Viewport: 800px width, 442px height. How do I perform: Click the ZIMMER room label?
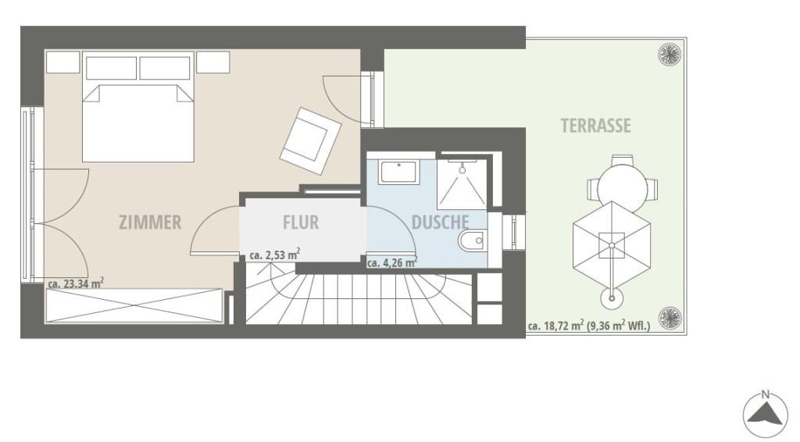(150, 223)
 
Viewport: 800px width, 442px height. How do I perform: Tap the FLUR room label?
(301, 223)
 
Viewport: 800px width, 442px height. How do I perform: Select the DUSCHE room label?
(440, 223)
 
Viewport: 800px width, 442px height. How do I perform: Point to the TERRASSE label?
(595, 126)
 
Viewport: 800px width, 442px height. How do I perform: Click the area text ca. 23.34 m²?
(76, 283)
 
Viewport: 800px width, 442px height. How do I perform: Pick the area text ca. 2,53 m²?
(274, 255)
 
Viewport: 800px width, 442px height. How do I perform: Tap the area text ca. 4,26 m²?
(392, 262)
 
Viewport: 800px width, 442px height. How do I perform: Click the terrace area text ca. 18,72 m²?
(555, 326)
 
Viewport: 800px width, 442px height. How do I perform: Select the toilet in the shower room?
(473, 241)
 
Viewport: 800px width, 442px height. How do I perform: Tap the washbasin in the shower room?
(399, 173)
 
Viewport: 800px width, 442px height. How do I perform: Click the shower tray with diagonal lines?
(462, 183)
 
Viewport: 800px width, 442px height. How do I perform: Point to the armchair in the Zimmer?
(310, 141)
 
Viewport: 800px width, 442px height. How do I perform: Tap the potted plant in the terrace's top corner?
(670, 55)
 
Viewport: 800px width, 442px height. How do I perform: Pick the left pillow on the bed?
(111, 68)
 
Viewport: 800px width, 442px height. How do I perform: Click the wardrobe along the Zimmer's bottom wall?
(134, 305)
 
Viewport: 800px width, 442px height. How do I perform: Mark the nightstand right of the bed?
(212, 62)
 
